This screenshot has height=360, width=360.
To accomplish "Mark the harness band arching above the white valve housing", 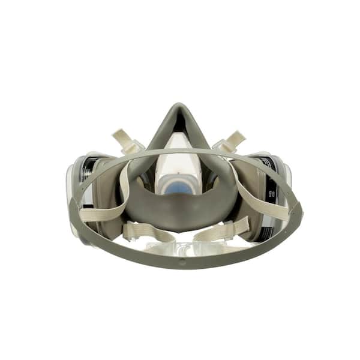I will [180, 149].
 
